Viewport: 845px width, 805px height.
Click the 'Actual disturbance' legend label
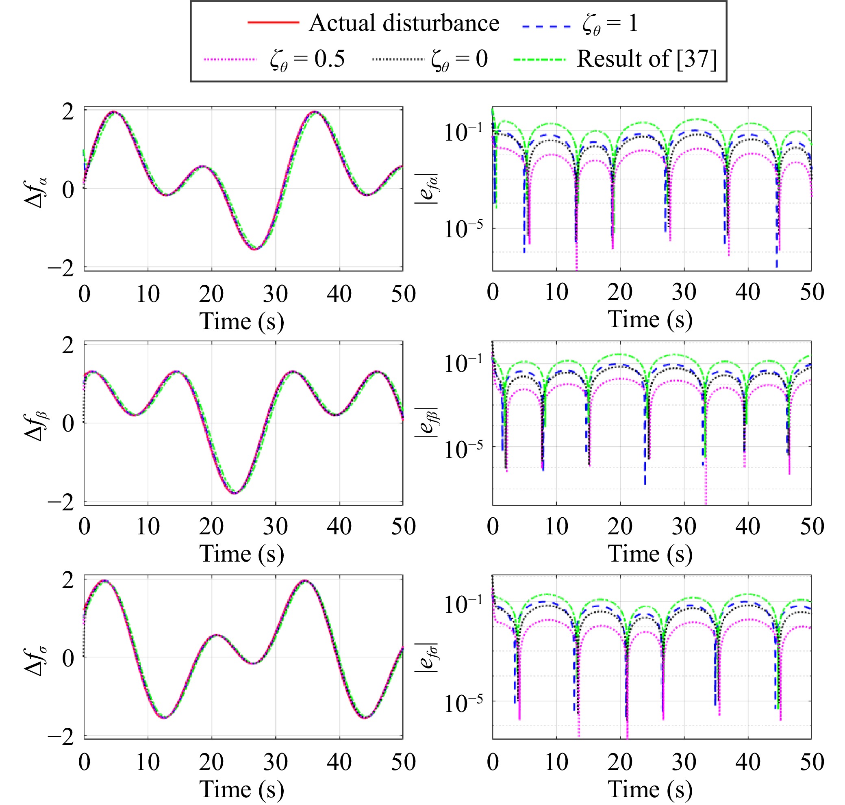[x=404, y=23]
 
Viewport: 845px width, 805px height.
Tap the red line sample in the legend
[x=274, y=22]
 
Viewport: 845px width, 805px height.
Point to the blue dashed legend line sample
[x=546, y=26]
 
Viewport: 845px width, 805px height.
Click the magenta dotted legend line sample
[x=230, y=59]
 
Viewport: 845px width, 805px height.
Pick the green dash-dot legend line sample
[x=540, y=60]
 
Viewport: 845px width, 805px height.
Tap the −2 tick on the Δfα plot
[x=61, y=269]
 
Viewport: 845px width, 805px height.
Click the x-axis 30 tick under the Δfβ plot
[x=275, y=527]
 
